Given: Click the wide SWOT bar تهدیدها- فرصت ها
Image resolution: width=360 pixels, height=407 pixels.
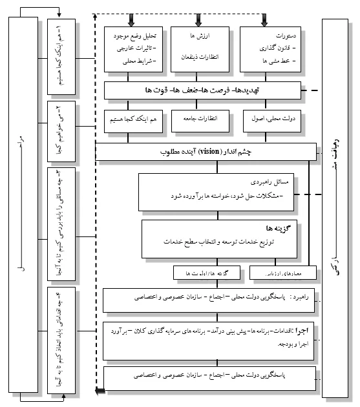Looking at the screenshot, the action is [x=203, y=90].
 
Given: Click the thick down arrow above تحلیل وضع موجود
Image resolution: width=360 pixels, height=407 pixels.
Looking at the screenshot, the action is [x=132, y=20].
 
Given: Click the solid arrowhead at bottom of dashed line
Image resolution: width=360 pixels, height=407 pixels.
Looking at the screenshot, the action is [x=98, y=390].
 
